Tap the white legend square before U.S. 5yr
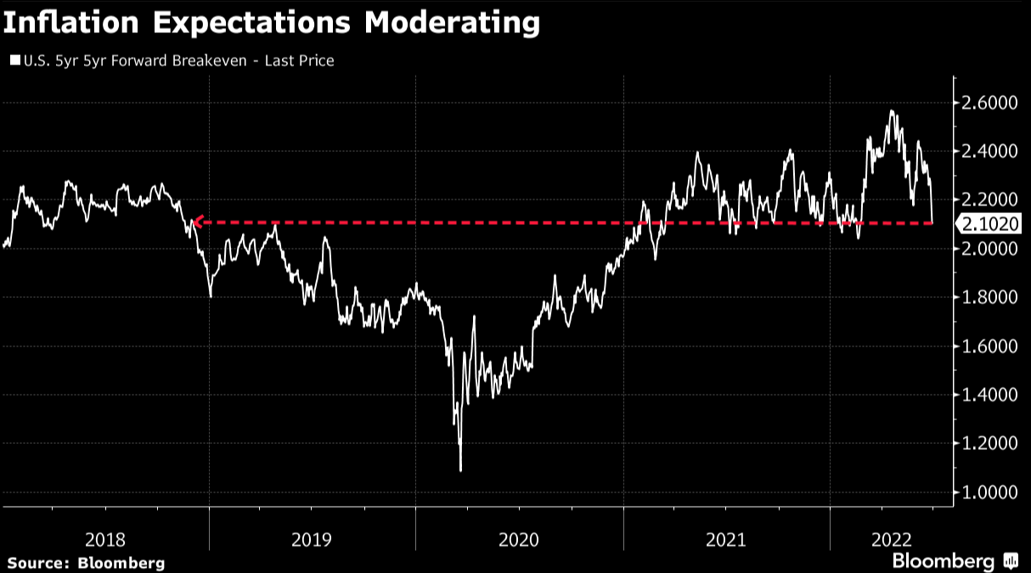(14, 61)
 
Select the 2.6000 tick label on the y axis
(989, 103)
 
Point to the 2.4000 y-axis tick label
(989, 151)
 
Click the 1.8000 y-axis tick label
(989, 298)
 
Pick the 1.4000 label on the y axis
(989, 396)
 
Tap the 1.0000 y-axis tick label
(989, 493)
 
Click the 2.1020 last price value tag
(989, 224)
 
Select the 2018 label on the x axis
(106, 539)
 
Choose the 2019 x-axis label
(313, 539)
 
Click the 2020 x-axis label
(520, 539)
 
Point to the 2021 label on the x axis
(726, 539)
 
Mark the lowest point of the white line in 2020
(460, 469)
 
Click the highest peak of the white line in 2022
(891, 111)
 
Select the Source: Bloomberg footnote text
(86, 563)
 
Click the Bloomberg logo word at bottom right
(943, 561)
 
